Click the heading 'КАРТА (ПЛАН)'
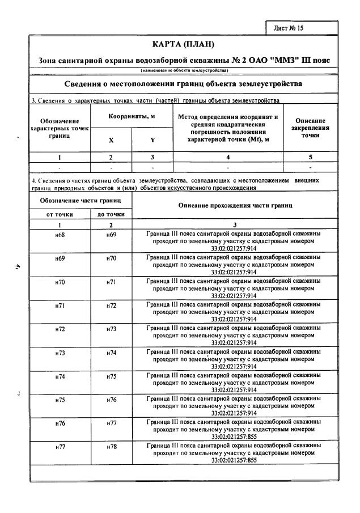(184, 44)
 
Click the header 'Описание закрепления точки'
(310, 128)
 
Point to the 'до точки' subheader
(111, 214)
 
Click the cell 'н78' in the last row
(111, 447)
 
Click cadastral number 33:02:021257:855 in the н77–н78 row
(234, 460)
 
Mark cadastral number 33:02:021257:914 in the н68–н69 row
(234, 248)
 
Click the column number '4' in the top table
(228, 157)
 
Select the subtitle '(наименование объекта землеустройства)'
(184, 70)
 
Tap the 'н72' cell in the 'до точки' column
(111, 306)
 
